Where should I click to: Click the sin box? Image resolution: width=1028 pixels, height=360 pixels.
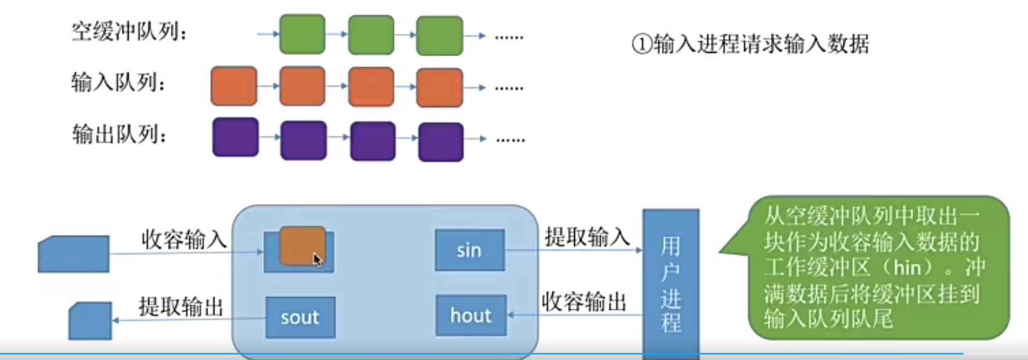470,250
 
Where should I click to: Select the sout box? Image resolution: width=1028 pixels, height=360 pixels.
300,317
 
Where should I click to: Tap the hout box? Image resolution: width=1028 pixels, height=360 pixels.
471,315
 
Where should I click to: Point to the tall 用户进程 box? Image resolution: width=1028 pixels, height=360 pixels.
670,284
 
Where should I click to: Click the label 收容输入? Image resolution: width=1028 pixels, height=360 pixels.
184,240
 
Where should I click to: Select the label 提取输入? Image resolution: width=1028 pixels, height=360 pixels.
587,237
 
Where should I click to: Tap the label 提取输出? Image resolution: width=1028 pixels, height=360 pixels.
181,307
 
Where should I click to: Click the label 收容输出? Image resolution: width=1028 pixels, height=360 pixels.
584,301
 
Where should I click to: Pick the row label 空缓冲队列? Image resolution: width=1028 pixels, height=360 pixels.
129,31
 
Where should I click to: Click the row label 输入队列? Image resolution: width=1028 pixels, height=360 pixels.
119,82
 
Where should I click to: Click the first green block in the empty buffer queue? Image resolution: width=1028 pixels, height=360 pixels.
302,34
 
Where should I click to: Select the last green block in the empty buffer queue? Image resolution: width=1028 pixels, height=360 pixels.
440,36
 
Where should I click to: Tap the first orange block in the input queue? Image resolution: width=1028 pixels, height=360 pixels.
234,87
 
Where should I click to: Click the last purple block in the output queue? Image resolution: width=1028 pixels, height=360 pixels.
440,142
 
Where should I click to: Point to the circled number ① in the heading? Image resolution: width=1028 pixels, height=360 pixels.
641,44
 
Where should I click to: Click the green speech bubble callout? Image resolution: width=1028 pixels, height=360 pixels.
877,267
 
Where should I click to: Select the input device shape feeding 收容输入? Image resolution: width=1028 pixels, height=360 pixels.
74,254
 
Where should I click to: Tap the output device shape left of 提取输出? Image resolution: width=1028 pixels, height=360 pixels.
90,321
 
